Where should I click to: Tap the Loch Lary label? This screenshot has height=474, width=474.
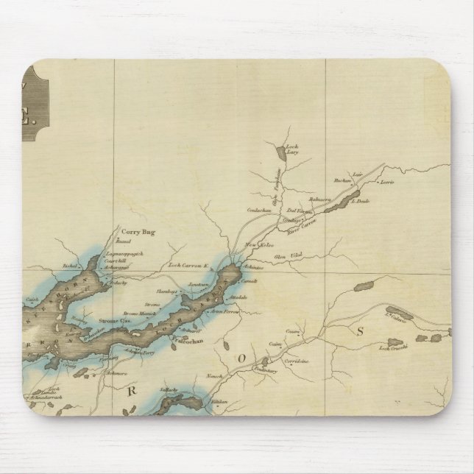tap(291, 171)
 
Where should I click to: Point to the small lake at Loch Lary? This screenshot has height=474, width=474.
tap(283, 153)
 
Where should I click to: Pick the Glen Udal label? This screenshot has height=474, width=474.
tap(283, 255)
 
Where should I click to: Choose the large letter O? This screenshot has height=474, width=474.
tap(238, 359)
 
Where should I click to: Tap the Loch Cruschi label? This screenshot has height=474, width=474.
tap(391, 347)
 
